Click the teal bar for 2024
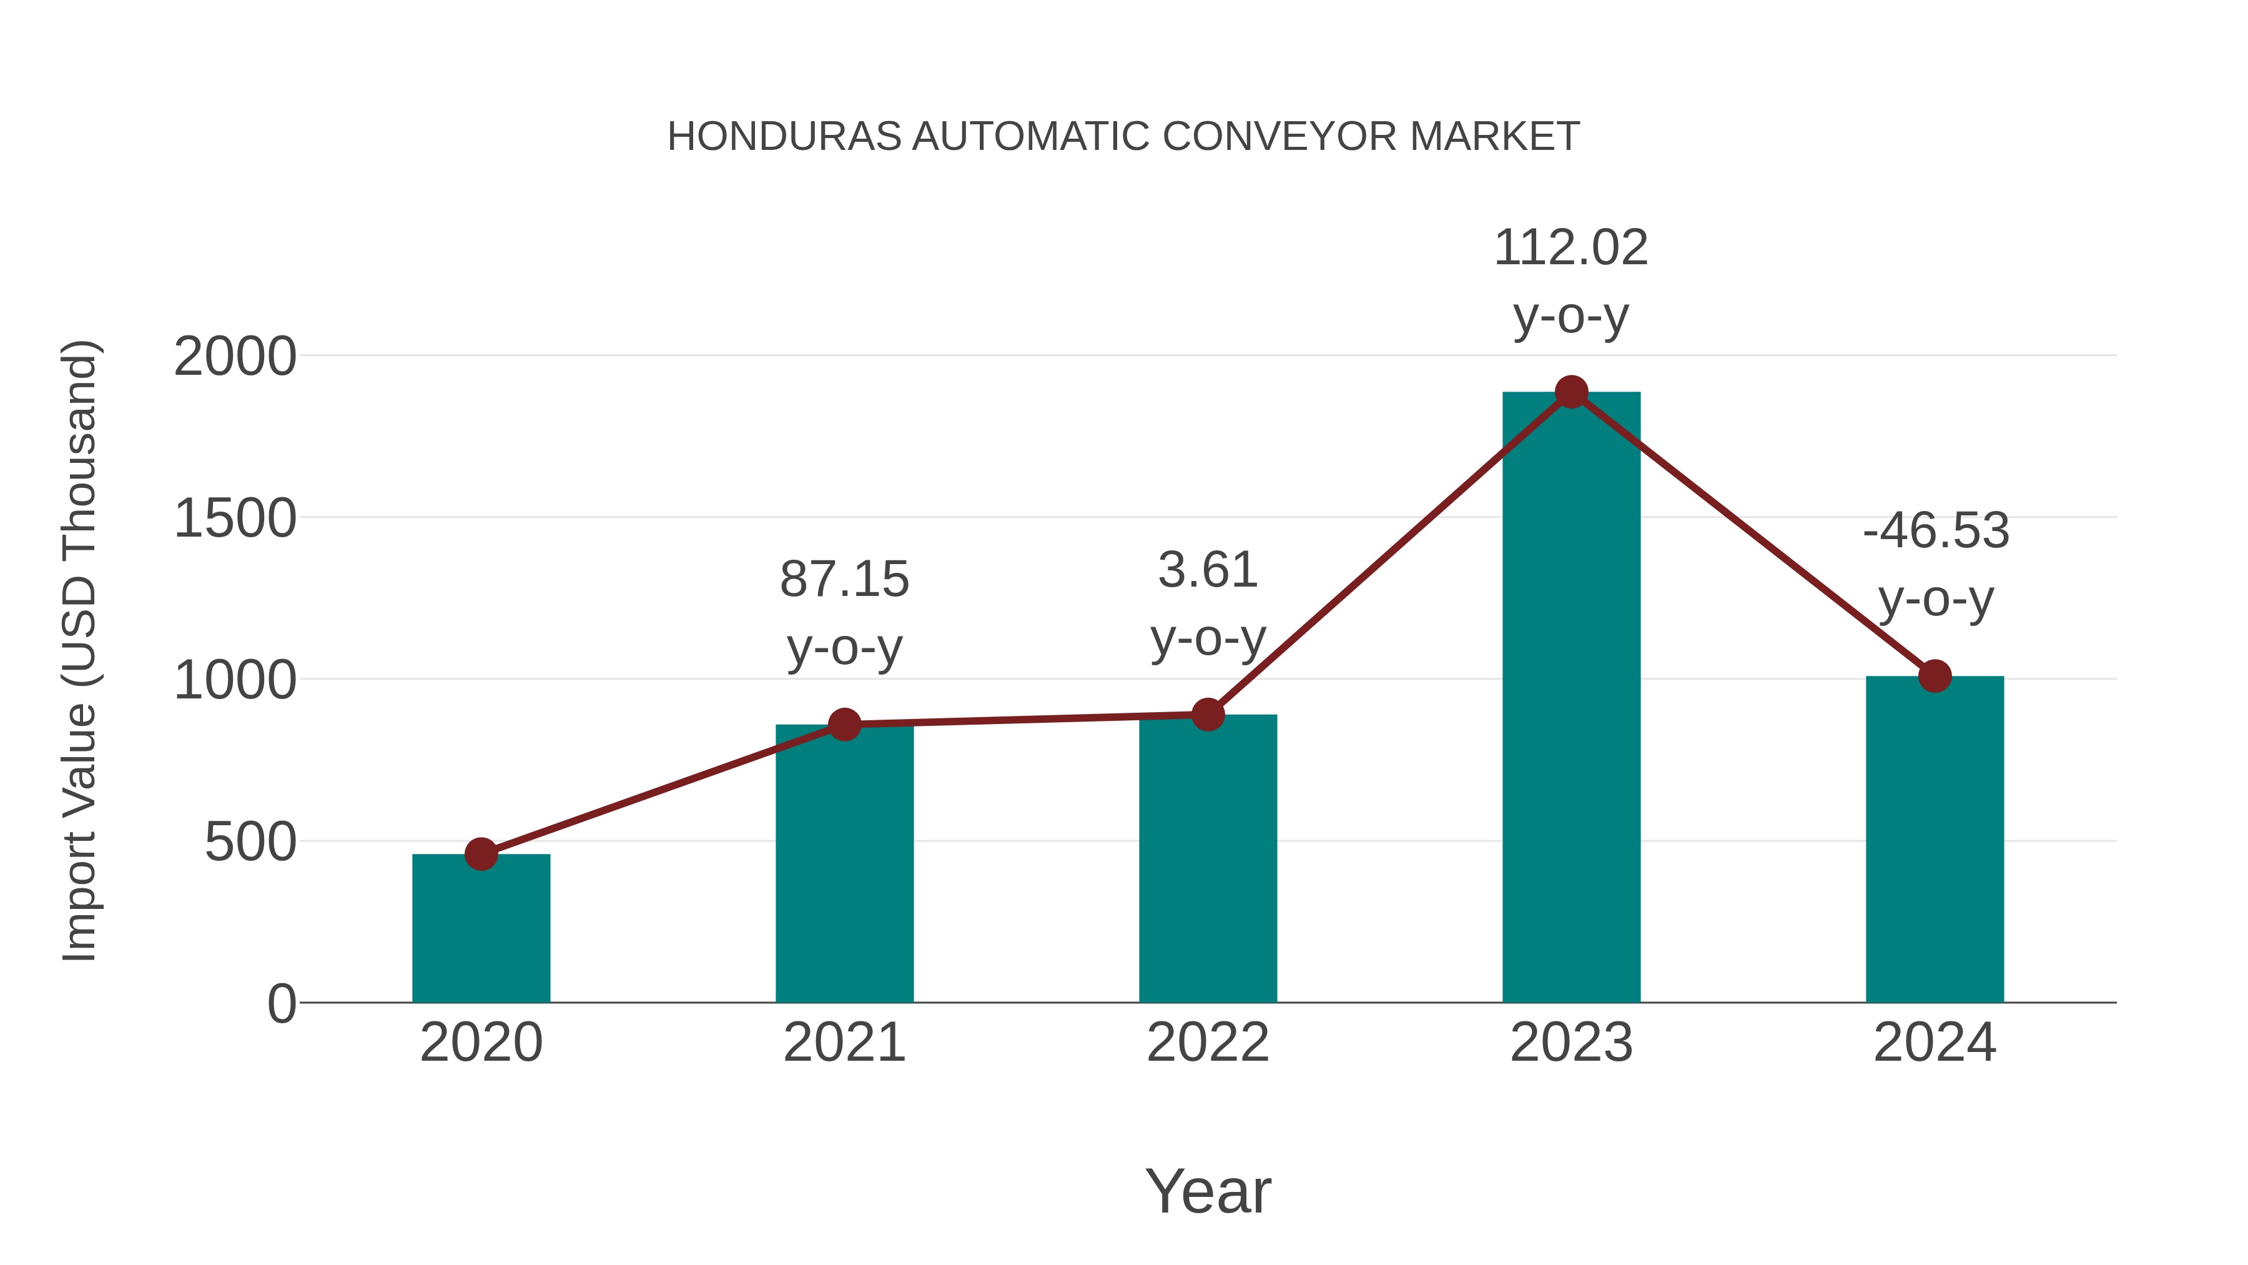(x=1935, y=839)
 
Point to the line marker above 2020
(x=481, y=854)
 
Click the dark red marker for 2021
(x=844, y=725)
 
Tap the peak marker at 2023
(x=1571, y=392)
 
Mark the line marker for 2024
(x=1935, y=676)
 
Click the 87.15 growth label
(x=844, y=580)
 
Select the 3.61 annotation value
(x=1208, y=571)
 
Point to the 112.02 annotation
(x=1571, y=248)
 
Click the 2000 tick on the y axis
(x=235, y=357)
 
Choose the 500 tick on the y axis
(x=250, y=843)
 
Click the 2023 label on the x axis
(x=1571, y=1043)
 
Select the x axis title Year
(x=1208, y=1191)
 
